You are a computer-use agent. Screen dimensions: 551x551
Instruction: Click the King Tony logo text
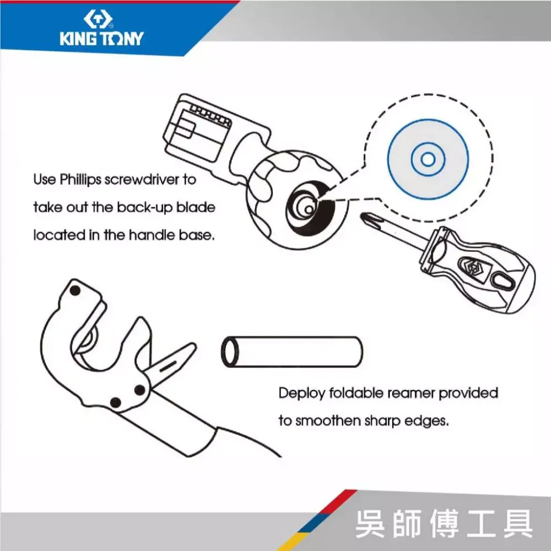point(101,39)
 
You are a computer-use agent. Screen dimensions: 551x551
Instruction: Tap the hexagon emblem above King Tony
point(98,19)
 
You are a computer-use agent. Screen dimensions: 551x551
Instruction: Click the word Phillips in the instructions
point(80,180)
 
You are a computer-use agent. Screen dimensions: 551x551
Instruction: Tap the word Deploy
point(302,393)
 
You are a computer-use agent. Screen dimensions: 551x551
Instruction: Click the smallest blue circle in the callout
point(428,160)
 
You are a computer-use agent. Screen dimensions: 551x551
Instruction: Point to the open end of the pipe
point(229,352)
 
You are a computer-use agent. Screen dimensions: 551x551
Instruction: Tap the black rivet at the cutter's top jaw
point(75,290)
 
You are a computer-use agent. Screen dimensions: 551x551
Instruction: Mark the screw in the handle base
point(309,209)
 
